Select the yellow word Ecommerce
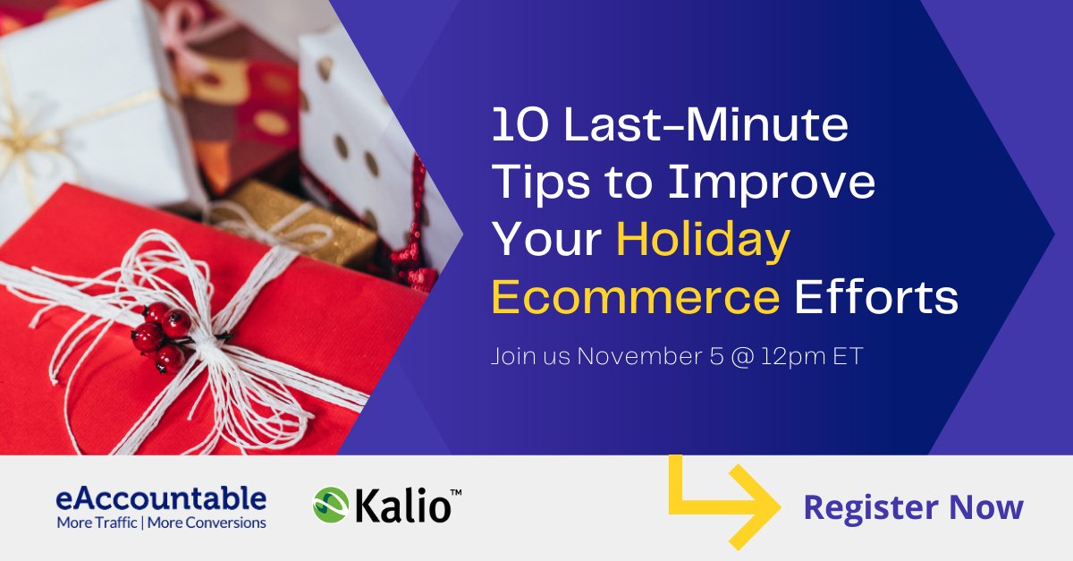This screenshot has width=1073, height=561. click(636, 297)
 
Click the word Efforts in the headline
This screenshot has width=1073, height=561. click(876, 297)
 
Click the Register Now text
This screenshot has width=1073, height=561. click(913, 507)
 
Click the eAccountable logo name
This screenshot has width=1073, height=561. click(161, 497)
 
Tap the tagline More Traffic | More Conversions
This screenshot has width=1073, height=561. click(161, 522)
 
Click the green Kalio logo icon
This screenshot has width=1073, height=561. click(329, 504)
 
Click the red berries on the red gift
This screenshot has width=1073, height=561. click(161, 336)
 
